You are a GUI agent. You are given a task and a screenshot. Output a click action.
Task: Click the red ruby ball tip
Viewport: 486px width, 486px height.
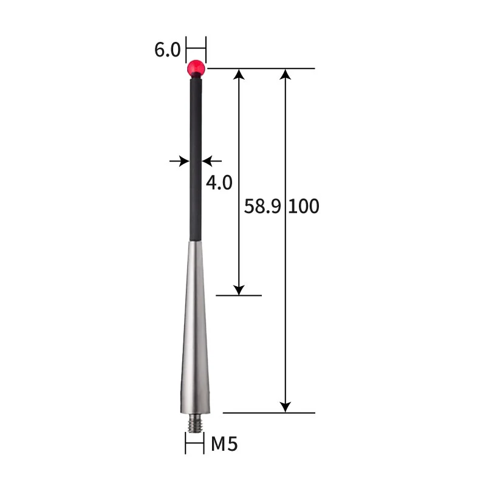point(196,68)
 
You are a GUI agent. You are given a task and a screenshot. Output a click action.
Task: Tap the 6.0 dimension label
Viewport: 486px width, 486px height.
point(167,49)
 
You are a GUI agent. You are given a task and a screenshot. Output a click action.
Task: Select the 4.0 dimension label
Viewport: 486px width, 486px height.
point(219,182)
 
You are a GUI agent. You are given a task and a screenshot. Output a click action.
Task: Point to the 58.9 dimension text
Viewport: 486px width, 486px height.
point(262,207)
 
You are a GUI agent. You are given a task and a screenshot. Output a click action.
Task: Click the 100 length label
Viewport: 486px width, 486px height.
point(303,207)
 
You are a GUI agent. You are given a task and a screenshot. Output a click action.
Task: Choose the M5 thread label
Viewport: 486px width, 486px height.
point(224,445)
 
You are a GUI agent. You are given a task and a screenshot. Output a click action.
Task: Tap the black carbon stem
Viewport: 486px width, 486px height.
point(195,158)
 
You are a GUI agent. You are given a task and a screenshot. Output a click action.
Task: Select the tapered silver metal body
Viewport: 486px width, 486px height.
point(195,328)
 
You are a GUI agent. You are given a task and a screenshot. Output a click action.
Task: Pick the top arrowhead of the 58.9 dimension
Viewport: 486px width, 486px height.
point(239,75)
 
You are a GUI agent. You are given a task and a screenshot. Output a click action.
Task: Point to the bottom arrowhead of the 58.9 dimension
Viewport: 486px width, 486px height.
point(239,289)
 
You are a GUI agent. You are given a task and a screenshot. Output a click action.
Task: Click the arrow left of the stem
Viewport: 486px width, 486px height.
point(179,161)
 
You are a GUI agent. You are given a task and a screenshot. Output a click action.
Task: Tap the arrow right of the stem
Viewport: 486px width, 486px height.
point(210,161)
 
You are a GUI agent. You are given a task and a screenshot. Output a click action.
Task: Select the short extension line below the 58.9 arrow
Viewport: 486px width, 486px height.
point(239,296)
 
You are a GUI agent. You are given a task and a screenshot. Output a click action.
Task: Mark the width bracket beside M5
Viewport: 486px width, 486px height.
point(195,443)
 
